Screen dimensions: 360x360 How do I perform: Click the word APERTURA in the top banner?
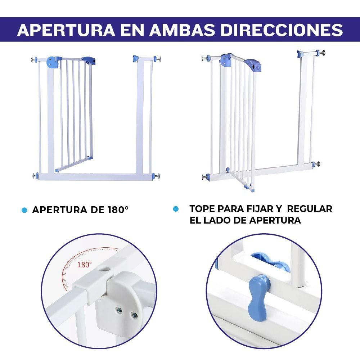66,30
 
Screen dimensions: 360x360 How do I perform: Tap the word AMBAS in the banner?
182,30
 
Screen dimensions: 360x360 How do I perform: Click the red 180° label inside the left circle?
85,265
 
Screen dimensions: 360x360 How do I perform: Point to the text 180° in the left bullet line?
118,210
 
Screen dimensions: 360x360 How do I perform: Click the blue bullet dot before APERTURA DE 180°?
24,210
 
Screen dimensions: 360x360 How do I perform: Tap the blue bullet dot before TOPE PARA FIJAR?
176,209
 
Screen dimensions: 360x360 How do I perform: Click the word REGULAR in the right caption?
310,209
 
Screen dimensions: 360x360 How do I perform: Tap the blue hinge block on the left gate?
53,62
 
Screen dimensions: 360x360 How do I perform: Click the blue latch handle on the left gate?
89,60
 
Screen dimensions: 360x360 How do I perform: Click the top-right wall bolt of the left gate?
158,59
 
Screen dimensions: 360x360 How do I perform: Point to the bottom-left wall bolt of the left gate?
35,176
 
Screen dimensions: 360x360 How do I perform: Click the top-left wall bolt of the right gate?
206,58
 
